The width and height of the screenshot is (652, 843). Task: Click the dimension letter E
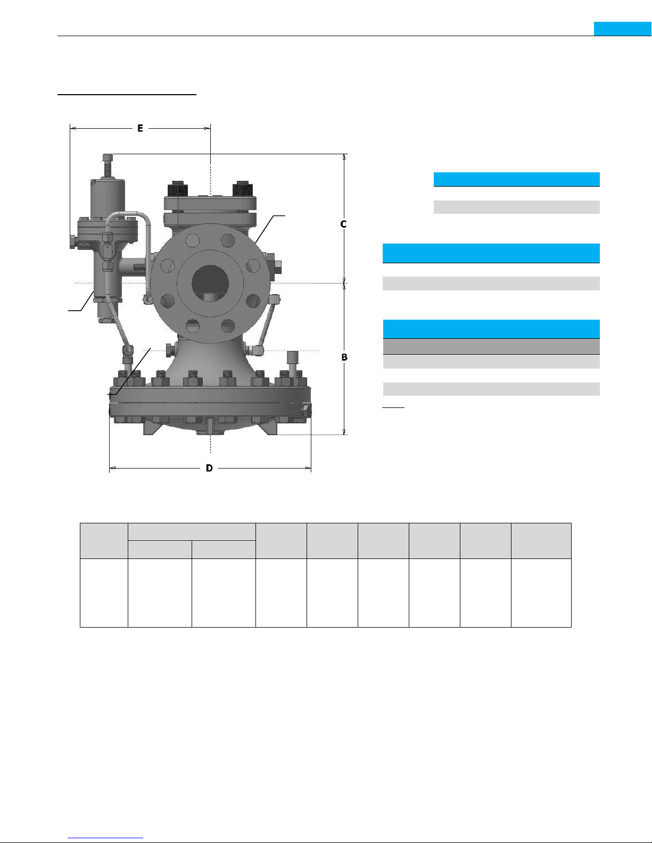point(140,128)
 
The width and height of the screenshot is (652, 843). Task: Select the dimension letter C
point(343,224)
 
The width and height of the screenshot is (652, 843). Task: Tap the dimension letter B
point(344,357)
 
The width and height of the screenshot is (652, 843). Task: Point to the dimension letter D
point(209,468)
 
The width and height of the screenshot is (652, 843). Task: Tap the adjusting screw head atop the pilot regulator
point(108,157)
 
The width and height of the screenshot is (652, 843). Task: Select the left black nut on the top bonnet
point(178,189)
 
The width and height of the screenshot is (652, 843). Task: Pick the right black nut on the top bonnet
point(243,189)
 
